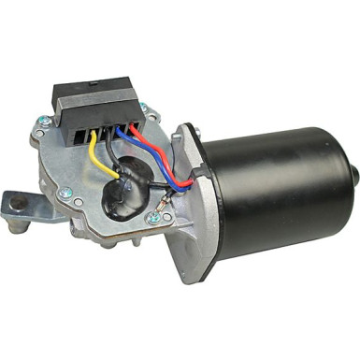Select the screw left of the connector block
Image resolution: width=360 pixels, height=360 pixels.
(x=45, y=119)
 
